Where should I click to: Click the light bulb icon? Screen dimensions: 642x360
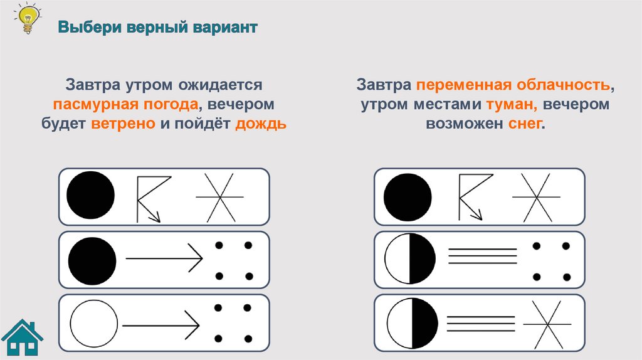pyautogui.click(x=27, y=18)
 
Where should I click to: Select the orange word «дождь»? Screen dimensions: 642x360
pyautogui.click(x=261, y=124)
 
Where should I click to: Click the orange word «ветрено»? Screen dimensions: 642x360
pyautogui.click(x=123, y=124)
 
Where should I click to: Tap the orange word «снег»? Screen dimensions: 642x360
pyautogui.click(x=522, y=124)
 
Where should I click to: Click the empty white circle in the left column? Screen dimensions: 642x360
pyautogui.click(x=93, y=324)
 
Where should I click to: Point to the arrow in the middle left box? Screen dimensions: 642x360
pyautogui.click(x=165, y=258)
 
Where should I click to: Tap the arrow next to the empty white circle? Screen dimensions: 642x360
pyautogui.click(x=161, y=325)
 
